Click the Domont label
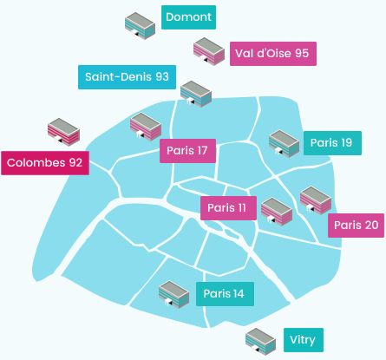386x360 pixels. pyautogui.click(x=188, y=17)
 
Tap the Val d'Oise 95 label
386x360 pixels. pyautogui.click(x=273, y=54)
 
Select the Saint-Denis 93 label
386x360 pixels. pyautogui.click(x=127, y=77)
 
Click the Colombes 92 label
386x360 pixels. pyautogui.click(x=45, y=163)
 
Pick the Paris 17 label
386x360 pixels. pyautogui.click(x=187, y=151)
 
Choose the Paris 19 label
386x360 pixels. pyautogui.click(x=332, y=143)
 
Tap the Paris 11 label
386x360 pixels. pyautogui.click(x=228, y=208)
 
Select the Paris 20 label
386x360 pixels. pyautogui.click(x=356, y=226)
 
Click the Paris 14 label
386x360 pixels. pyautogui.click(x=225, y=294)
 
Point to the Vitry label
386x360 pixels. pyautogui.click(x=304, y=340)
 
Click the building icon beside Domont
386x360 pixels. pyautogui.click(x=140, y=26)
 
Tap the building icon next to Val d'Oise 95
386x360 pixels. pyautogui.click(x=209, y=51)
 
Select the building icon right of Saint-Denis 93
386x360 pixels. pyautogui.click(x=196, y=94)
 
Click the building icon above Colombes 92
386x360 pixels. pyautogui.click(x=63, y=132)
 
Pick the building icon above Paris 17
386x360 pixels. pyautogui.click(x=146, y=127)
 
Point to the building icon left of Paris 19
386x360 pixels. pyautogui.click(x=284, y=143)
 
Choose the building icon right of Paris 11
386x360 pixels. pyautogui.click(x=277, y=212)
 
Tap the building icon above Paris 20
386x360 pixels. pyautogui.click(x=316, y=200)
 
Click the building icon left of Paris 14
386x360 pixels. pyautogui.click(x=173, y=294)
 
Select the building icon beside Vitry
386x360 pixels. pyautogui.click(x=260, y=342)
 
